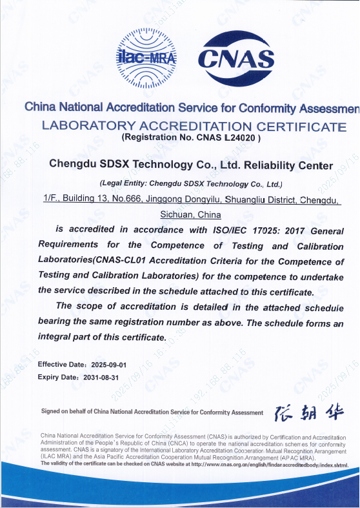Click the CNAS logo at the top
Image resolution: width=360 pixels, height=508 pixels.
236,59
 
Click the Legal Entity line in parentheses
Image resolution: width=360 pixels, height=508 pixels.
191,183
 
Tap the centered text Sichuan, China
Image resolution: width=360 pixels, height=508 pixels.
190,214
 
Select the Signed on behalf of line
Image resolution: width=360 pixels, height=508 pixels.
152,412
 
